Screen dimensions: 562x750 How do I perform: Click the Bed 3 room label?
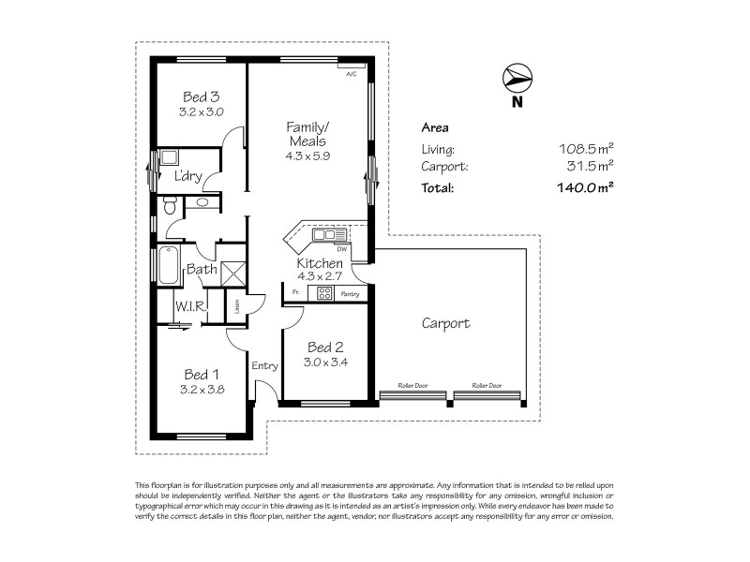[x=201, y=96]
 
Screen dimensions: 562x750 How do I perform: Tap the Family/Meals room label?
[x=308, y=134]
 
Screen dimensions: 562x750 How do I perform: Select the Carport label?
[x=445, y=324]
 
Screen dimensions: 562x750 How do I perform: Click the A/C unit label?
[x=352, y=73]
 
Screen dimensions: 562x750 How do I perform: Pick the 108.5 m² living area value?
[x=585, y=149]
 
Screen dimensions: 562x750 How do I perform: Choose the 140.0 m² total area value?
[x=584, y=187]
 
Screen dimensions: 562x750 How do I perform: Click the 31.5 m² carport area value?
[x=588, y=167]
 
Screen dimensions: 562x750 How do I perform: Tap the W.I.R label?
[x=189, y=306]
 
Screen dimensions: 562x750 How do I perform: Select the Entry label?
[x=264, y=366]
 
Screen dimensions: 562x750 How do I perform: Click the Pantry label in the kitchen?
[x=350, y=294]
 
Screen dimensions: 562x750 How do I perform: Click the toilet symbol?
[x=168, y=205]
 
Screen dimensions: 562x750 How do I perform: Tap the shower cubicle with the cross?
[x=232, y=272]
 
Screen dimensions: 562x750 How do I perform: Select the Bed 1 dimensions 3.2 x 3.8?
[x=201, y=390]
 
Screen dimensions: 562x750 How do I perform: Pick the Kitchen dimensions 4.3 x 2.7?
[x=320, y=276]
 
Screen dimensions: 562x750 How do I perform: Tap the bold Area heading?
[x=435, y=127]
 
